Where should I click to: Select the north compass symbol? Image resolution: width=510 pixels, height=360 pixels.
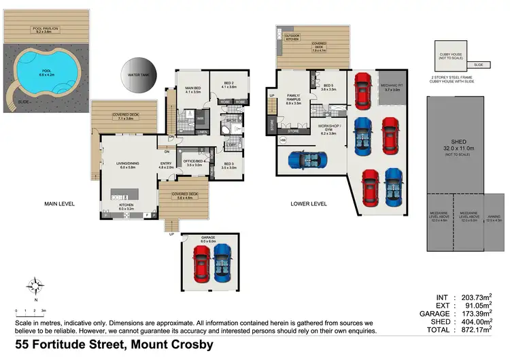coord(35,286)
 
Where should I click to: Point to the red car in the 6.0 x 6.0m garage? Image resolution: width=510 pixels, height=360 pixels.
coord(202,263)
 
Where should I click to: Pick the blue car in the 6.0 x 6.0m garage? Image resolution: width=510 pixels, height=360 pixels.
coord(223,263)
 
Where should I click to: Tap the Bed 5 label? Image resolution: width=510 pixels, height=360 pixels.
coord(328,86)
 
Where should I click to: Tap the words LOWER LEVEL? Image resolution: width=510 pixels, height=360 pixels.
coord(307,203)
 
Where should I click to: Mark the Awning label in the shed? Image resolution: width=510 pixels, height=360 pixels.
coord(493,218)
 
